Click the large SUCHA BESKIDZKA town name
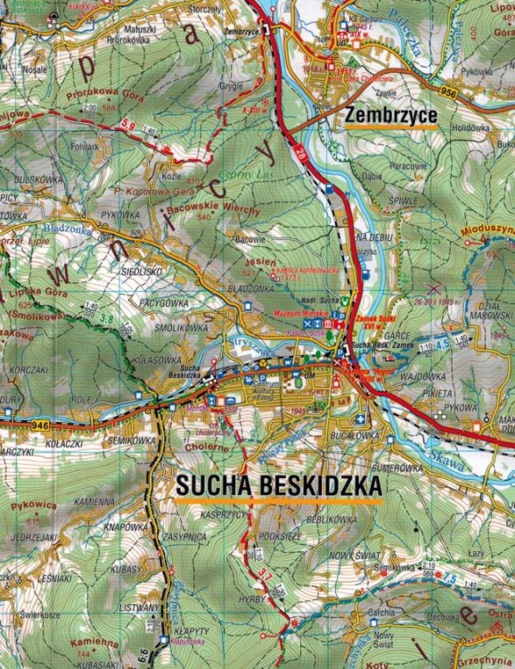279,484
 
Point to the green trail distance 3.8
107,317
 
